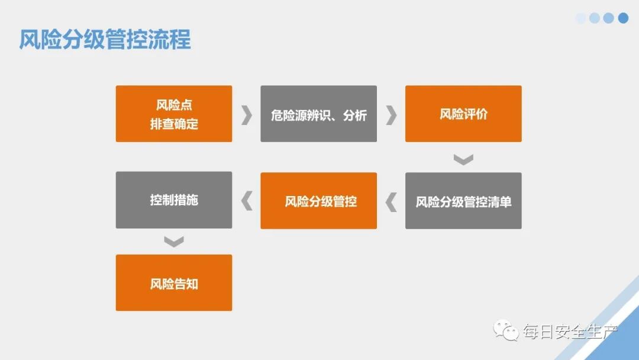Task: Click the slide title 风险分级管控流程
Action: click(x=105, y=40)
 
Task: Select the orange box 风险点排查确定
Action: click(x=174, y=114)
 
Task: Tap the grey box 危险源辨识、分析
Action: click(x=318, y=114)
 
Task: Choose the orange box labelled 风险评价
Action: click(x=463, y=114)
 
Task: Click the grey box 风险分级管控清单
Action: click(x=463, y=201)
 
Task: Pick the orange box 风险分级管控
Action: click(x=318, y=201)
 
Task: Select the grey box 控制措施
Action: click(x=174, y=200)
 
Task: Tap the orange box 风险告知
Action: click(x=174, y=282)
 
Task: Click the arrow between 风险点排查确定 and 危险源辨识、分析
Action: click(x=246, y=114)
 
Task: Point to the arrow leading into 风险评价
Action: click(x=390, y=114)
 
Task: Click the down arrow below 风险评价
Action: click(x=463, y=159)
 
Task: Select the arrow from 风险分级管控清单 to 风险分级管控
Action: click(x=390, y=202)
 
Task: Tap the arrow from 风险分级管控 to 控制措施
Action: click(x=246, y=201)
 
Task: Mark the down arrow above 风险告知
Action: click(x=174, y=241)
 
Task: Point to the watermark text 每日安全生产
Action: click(x=569, y=332)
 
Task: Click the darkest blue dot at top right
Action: click(x=623, y=18)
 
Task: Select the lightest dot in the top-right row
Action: click(x=580, y=18)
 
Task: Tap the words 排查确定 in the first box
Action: click(x=174, y=124)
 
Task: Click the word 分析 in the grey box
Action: click(x=355, y=114)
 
